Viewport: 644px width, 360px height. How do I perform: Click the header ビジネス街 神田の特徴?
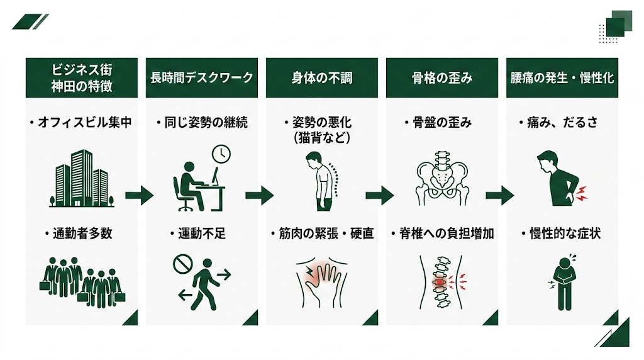tap(82, 78)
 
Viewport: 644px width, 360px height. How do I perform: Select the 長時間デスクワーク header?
tap(201, 78)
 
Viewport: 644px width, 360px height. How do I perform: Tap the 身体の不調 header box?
tap(322, 78)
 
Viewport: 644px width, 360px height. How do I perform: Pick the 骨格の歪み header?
tap(442, 78)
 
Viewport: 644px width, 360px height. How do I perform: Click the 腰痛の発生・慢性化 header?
tap(562, 78)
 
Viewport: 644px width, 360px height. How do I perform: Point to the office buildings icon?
tap(82, 178)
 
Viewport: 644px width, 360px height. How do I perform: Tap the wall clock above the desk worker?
tap(221, 154)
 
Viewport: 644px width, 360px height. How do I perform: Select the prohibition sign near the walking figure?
tap(182, 265)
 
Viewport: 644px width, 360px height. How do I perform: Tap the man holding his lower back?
tap(560, 179)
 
